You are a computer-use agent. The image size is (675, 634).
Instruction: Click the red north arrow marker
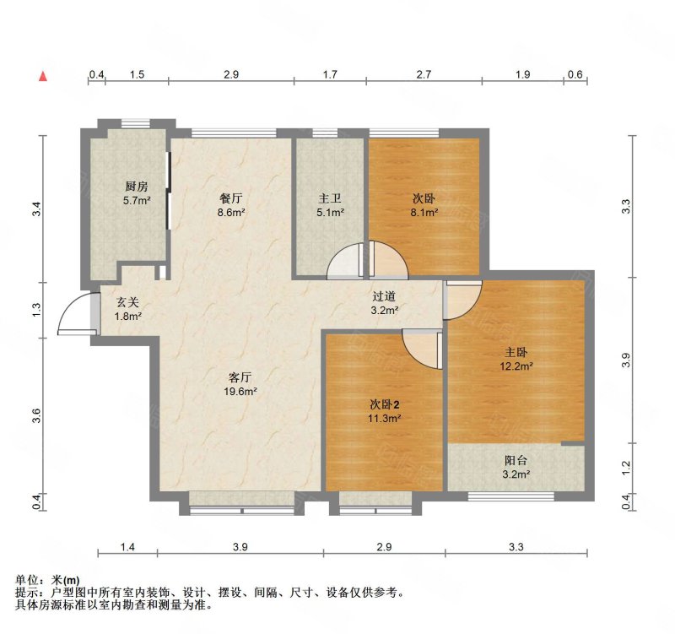pyautogui.click(x=43, y=76)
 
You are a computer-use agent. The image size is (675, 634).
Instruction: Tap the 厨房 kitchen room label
pyautogui.click(x=137, y=187)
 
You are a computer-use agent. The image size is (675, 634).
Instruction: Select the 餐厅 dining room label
pyautogui.click(x=231, y=198)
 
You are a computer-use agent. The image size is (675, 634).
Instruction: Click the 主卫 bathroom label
pyautogui.click(x=330, y=198)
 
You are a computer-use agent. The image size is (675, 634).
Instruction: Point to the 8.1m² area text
pyautogui.click(x=424, y=212)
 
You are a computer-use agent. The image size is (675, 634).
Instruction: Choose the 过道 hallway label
pyautogui.click(x=384, y=296)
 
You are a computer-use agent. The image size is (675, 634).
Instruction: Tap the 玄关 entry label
pyautogui.click(x=128, y=303)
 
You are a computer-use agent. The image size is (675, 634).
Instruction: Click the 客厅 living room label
pyautogui.click(x=240, y=377)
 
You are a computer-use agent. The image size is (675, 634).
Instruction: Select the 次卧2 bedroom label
pyautogui.click(x=385, y=404)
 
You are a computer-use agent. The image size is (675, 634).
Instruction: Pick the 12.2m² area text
pyautogui.click(x=516, y=366)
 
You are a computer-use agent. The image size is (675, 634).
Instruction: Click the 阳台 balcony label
pyautogui.click(x=516, y=460)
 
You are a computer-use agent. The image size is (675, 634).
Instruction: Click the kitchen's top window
pyautogui.click(x=136, y=123)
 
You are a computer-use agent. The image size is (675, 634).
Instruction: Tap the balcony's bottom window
pyautogui.click(x=510, y=496)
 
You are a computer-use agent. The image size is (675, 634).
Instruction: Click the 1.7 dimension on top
pyautogui.click(x=330, y=74)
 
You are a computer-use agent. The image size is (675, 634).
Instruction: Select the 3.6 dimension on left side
pyautogui.click(x=37, y=415)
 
